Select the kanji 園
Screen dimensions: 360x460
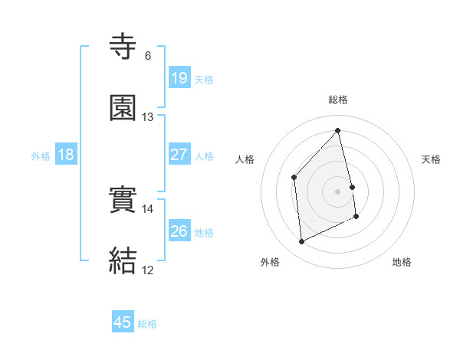123,109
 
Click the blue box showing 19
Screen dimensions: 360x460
179,78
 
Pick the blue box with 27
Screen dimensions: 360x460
179,155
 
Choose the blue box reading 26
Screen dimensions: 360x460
179,231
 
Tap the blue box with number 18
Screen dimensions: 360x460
66,155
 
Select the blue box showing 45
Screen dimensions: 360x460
123,322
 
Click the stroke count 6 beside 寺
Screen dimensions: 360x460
148,56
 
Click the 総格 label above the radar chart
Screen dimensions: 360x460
338,100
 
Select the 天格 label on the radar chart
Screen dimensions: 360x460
431,159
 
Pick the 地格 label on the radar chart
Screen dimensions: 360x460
402,263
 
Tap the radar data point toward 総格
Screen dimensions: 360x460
338,131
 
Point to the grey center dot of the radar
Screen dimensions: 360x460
338,190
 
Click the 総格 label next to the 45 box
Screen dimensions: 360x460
147,324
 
